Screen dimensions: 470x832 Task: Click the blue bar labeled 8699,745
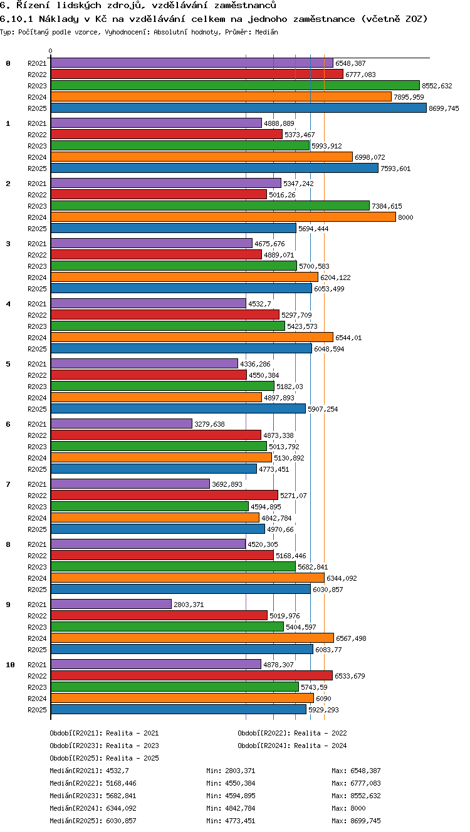click(239, 108)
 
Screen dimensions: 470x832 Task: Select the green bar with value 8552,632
click(235, 85)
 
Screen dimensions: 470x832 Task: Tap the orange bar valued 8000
click(223, 217)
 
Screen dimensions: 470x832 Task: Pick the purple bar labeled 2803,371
click(111, 604)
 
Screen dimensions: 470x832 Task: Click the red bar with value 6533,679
click(192, 675)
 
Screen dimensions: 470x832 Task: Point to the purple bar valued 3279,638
click(122, 424)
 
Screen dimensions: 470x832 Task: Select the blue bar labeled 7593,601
click(214, 168)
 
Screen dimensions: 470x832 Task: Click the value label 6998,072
click(370, 157)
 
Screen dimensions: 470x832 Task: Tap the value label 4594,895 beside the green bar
click(266, 507)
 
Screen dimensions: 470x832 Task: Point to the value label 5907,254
click(323, 409)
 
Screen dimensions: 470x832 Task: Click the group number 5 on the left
click(8, 364)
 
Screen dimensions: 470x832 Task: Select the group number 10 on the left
click(10, 665)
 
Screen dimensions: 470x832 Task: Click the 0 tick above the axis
click(51, 51)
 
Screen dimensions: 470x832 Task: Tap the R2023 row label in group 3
click(37, 266)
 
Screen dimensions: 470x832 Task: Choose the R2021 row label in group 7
click(37, 484)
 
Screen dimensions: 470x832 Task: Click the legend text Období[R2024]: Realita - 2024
click(292, 746)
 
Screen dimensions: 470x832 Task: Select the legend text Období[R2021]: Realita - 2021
click(104, 733)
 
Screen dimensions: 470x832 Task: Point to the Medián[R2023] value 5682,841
click(121, 796)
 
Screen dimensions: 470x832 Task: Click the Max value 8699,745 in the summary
click(365, 821)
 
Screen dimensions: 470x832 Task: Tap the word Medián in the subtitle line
click(266, 32)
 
